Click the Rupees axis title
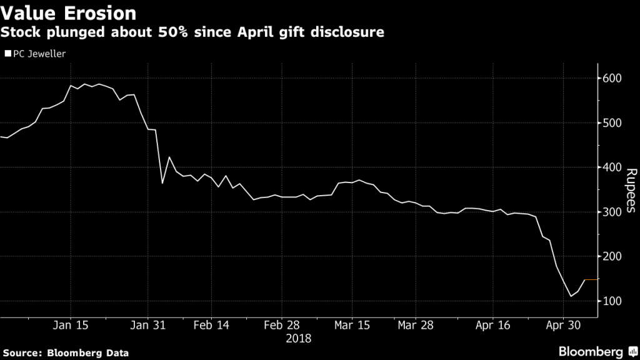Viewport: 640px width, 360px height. pyautogui.click(x=631, y=191)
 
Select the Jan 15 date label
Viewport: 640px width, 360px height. pyautogui.click(x=70, y=326)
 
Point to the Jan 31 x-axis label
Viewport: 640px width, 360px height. pyautogui.click(x=148, y=326)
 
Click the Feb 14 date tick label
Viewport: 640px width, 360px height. pyautogui.click(x=211, y=326)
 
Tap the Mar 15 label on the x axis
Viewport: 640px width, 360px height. pyautogui.click(x=352, y=326)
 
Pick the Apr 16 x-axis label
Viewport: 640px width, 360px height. pyautogui.click(x=493, y=326)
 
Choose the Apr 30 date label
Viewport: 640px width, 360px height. pyautogui.click(x=564, y=326)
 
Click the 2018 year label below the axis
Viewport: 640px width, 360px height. pyautogui.click(x=299, y=338)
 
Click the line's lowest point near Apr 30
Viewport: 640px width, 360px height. pyautogui.click(x=571, y=296)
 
